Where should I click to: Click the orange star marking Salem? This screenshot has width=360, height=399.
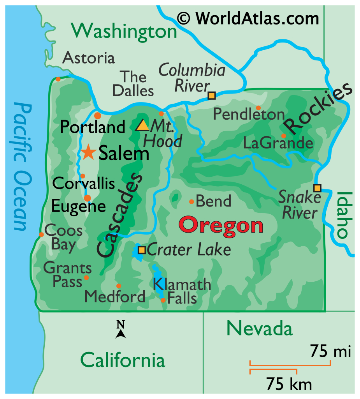(x=89, y=153)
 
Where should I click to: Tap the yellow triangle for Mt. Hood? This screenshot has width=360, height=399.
(x=142, y=125)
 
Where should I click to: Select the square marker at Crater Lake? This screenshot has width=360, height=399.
(x=142, y=250)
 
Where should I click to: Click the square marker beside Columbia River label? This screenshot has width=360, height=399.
(x=211, y=95)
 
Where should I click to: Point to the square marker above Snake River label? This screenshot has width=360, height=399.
(x=317, y=188)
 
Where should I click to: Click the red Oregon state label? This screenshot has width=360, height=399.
(x=221, y=226)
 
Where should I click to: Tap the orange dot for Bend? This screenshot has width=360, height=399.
(x=191, y=201)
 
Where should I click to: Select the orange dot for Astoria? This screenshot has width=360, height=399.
(x=58, y=79)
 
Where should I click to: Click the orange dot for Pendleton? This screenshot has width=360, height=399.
(x=258, y=108)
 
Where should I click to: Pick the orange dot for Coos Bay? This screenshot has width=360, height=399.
(x=41, y=234)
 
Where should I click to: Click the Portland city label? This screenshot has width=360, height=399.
(x=93, y=127)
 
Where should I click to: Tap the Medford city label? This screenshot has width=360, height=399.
(x=115, y=297)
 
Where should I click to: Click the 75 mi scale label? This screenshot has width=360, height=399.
(x=330, y=352)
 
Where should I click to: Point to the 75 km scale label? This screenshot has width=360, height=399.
(x=289, y=384)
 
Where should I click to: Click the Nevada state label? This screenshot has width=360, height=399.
(x=260, y=328)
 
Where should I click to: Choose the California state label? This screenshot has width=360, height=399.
(x=123, y=360)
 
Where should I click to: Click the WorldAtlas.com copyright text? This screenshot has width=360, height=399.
(x=248, y=18)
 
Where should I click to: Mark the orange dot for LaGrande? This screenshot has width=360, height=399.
(x=284, y=136)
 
